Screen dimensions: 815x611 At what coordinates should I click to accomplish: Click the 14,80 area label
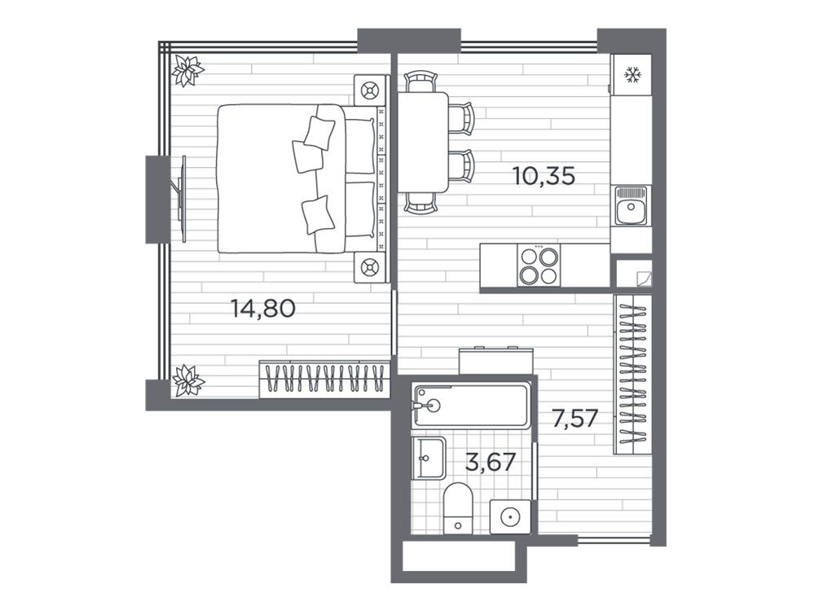point(263,309)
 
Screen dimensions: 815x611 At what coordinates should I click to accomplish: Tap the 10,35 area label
point(544,176)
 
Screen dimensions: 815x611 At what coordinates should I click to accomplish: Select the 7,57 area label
point(575,419)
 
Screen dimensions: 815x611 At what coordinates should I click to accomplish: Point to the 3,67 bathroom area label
point(490,462)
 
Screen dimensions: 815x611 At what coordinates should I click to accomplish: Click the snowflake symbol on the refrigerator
point(632,75)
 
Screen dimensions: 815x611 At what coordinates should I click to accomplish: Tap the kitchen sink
point(631,206)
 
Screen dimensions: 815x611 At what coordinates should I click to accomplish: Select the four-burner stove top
point(539,266)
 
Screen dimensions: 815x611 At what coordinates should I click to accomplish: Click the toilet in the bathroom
point(458,508)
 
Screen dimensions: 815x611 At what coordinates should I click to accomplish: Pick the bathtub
point(471,406)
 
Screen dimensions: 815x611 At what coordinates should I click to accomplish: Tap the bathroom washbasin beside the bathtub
point(429,458)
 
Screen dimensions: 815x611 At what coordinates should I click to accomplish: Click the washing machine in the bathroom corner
point(510,516)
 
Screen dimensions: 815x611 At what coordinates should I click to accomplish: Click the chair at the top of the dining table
point(420,81)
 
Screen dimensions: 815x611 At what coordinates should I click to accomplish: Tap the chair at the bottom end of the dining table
point(420,203)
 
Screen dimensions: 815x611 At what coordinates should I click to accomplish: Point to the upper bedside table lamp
point(370,90)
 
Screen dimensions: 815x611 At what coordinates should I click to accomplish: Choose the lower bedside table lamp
point(370,267)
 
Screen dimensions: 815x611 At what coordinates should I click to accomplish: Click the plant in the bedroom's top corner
point(187,70)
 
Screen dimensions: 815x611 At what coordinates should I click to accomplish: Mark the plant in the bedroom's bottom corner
point(187,380)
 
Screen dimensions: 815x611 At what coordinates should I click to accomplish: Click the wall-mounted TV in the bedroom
point(182,199)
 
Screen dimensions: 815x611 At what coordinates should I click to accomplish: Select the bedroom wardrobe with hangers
point(324,379)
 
